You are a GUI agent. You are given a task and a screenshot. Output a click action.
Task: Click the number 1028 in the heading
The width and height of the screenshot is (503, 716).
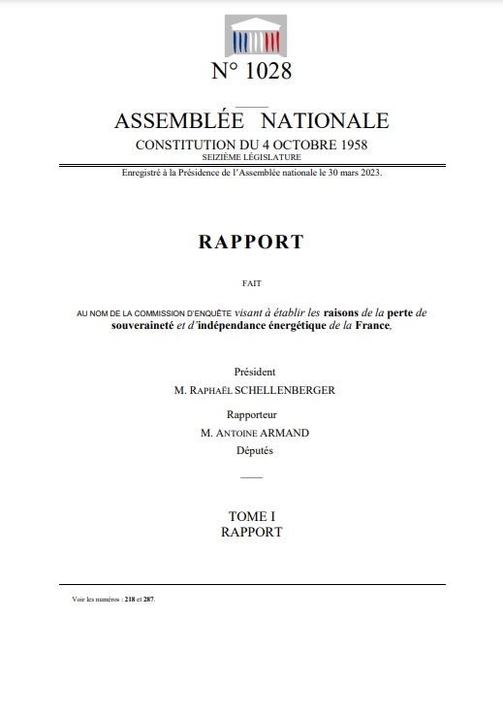click(x=265, y=72)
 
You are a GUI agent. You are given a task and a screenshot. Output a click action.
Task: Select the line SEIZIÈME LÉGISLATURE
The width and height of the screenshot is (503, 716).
click(x=251, y=156)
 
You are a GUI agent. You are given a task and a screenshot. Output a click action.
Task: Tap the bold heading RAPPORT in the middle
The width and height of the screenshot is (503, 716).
click(x=251, y=243)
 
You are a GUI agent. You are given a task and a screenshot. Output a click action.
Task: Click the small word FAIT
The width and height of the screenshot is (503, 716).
click(x=251, y=282)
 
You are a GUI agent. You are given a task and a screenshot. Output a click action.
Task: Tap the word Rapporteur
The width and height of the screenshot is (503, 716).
click(x=251, y=413)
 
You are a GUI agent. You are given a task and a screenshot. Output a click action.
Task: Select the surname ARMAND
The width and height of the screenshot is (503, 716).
click(x=282, y=433)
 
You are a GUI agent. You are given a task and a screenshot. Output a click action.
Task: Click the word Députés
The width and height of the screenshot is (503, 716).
click(x=251, y=450)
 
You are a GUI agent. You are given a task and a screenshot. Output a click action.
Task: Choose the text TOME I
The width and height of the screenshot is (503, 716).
click(x=251, y=516)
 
